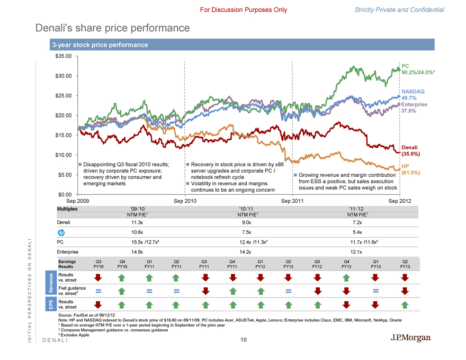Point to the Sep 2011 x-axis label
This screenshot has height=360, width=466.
(292, 202)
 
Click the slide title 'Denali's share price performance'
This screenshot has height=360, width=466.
(112, 27)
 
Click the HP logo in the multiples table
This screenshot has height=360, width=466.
(61, 232)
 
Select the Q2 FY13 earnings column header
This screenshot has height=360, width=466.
(405, 264)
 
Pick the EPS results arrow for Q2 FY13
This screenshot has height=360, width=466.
(405, 304)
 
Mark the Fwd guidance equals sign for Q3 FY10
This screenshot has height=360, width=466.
(98, 291)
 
